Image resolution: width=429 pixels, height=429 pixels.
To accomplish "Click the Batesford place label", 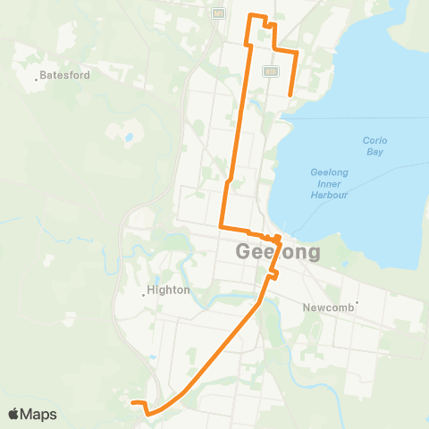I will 65,75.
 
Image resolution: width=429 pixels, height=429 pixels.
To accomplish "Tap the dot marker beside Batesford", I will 37,80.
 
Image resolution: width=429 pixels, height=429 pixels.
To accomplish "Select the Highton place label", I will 169,290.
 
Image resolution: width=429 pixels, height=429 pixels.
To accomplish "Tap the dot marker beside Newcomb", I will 357,305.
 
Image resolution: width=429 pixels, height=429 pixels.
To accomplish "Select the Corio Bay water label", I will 374,146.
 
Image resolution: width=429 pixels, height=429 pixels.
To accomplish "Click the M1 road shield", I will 217,14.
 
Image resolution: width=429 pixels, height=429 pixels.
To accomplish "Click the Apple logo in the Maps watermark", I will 14,414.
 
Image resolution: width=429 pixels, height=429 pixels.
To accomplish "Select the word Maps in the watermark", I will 39,414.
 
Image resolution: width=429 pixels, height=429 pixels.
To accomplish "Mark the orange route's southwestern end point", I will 132,403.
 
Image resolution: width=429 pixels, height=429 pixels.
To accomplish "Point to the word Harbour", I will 328,194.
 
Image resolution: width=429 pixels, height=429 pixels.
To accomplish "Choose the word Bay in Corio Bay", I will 374,152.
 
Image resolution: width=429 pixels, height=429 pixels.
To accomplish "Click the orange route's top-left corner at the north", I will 248,16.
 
